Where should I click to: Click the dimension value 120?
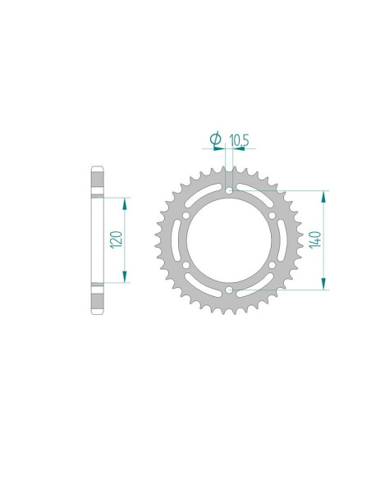coord(117,239)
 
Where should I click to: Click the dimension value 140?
coord(314,239)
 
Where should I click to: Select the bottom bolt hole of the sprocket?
coord(227,289)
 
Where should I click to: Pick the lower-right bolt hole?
coord(269,264)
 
